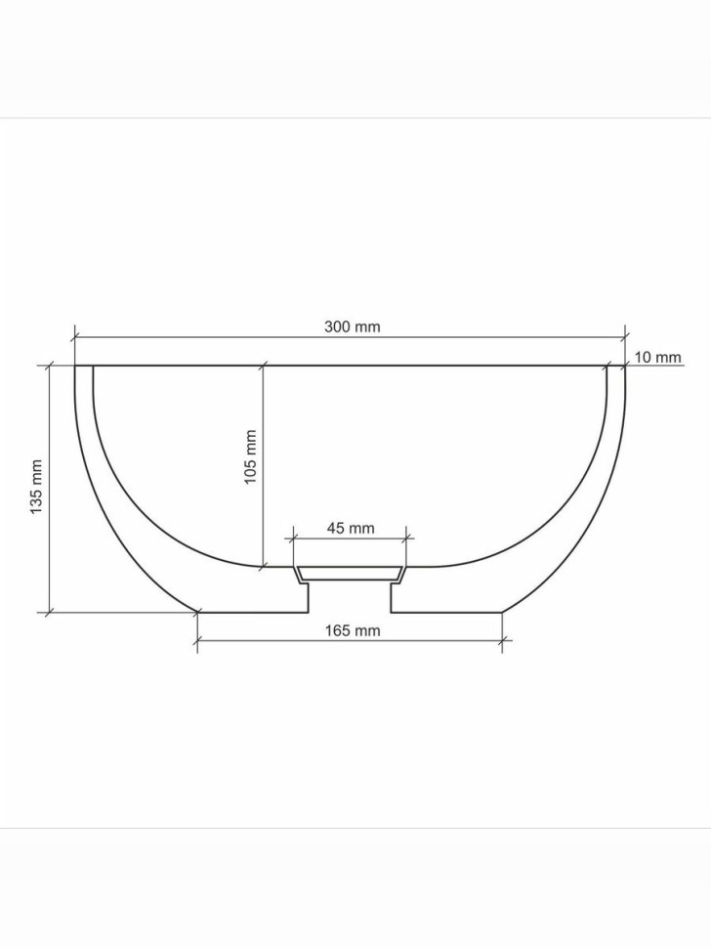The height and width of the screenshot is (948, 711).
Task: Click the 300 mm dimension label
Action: (x=352, y=326)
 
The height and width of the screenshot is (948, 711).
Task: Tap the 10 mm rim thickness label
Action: (x=657, y=358)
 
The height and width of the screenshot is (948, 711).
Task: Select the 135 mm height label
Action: (x=36, y=488)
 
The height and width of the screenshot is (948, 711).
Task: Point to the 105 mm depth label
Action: (x=250, y=456)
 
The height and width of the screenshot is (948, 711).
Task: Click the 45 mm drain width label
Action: (x=350, y=528)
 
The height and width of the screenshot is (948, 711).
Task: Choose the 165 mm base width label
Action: (x=352, y=630)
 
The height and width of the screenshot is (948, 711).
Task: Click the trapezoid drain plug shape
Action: (x=351, y=572)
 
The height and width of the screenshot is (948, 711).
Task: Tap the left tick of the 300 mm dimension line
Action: (x=75, y=336)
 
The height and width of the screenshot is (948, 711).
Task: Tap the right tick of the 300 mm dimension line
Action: (x=625, y=336)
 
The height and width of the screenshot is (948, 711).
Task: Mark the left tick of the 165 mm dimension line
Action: (x=197, y=642)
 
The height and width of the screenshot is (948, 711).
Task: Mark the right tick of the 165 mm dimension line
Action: (x=502, y=642)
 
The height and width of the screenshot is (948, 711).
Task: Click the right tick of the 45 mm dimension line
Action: (x=407, y=537)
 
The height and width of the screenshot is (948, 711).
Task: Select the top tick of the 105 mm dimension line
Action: (x=263, y=366)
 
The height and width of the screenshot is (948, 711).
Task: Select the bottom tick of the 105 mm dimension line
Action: (x=263, y=566)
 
